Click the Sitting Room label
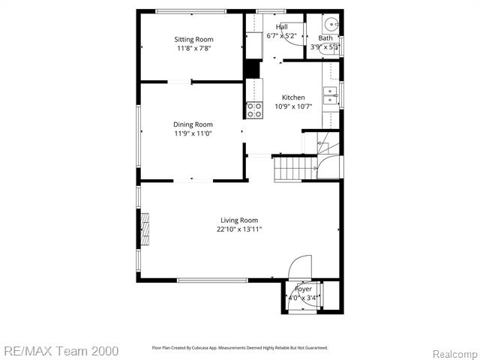coord(193,39)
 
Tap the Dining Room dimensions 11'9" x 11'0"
coord(193,133)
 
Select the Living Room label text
coord(239,220)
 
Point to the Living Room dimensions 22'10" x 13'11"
coord(239,229)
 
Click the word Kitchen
coord(293,97)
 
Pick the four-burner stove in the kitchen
coord(254,110)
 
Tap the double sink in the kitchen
coord(329,95)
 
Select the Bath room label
coord(325,38)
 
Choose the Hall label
coord(282,27)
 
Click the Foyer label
coord(303,289)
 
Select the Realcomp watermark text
coord(453,352)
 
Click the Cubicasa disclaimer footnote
coord(240,348)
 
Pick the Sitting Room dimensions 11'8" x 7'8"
coord(194,49)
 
